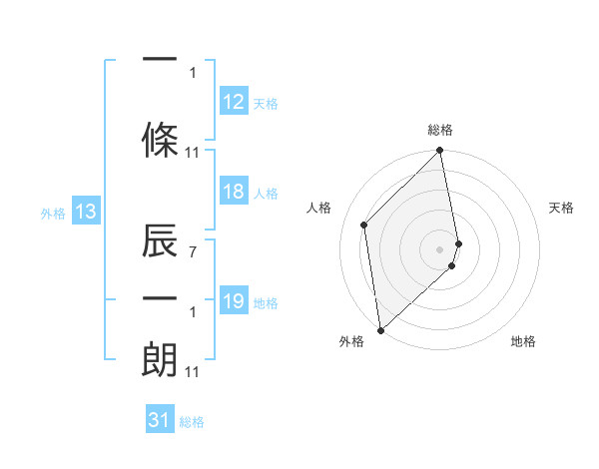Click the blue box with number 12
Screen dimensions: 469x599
click(234, 102)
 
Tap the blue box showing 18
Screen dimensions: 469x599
click(234, 192)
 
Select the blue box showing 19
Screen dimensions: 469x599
click(234, 301)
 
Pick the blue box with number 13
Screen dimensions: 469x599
click(86, 212)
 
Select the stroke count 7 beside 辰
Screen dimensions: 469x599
click(193, 252)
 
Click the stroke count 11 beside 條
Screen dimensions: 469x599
click(193, 153)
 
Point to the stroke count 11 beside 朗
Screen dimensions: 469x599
click(193, 372)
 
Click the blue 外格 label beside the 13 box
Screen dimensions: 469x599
click(53, 213)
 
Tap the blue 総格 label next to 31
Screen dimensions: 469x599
click(192, 422)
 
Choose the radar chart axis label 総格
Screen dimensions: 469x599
click(440, 130)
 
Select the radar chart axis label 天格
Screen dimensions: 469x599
click(562, 208)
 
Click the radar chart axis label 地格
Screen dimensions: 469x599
click(523, 341)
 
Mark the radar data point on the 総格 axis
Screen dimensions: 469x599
click(440, 152)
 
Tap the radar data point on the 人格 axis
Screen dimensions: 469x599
click(364, 225)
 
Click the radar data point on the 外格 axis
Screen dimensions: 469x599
click(380, 329)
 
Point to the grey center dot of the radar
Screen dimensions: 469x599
click(440, 248)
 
